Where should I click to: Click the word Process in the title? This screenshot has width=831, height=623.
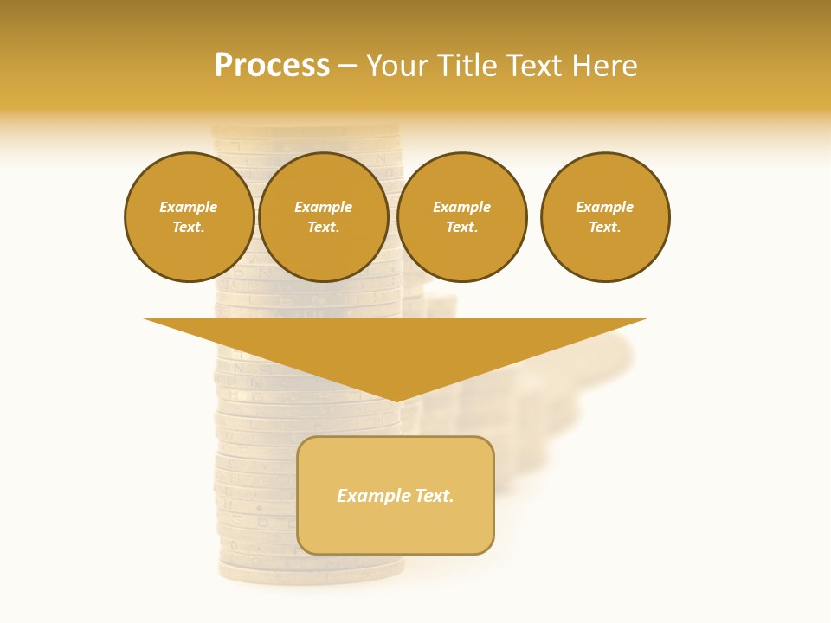tap(272, 66)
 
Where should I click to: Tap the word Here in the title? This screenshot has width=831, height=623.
tap(605, 66)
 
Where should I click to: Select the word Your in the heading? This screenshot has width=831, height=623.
tap(395, 66)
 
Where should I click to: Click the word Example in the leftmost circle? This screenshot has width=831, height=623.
tap(189, 207)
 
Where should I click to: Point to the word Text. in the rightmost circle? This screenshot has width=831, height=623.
tap(605, 227)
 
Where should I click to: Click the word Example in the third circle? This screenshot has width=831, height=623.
tap(462, 207)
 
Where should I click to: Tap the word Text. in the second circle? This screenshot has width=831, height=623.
tap(323, 227)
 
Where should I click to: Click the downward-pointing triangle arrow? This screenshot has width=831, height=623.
tap(396, 346)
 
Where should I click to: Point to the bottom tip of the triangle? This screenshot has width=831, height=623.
tap(396, 399)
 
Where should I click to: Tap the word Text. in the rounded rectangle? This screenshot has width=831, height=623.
tap(433, 496)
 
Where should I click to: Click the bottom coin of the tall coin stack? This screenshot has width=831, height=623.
tap(310, 571)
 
